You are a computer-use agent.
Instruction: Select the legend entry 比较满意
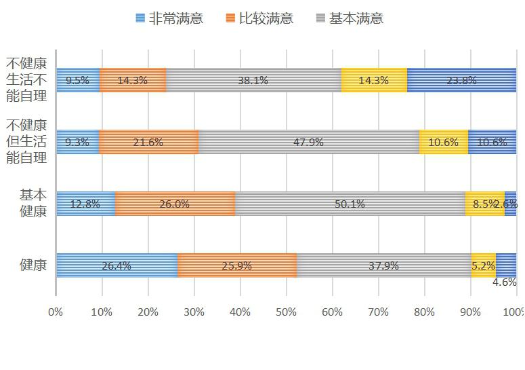coord(259,18)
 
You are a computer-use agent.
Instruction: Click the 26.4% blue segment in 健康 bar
coord(117,265)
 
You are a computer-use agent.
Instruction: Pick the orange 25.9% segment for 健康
coord(236,265)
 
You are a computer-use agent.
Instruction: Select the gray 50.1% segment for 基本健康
coord(350,204)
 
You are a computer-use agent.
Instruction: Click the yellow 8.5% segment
coord(484,204)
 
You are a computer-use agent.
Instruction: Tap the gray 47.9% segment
coord(308,142)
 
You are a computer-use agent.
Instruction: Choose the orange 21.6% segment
coord(148,142)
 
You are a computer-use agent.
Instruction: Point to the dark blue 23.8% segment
coord(461,80)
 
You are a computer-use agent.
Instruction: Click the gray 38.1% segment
coord(253,80)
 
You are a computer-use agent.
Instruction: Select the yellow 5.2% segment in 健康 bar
coord(483,265)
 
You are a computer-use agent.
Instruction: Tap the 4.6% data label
coord(505,282)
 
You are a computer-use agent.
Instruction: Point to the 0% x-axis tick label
coord(56,312)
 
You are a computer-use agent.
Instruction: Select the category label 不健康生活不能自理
coord(26,80)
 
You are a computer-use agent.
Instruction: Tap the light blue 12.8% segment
coord(85,204)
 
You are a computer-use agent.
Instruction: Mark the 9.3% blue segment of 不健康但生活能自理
coord(77,142)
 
